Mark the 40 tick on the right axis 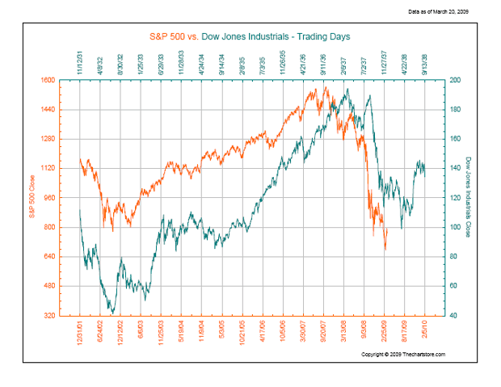[x=452, y=315]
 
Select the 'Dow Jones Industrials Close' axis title [x=469, y=199]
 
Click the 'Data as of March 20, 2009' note [x=438, y=11]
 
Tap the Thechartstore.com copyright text [x=403, y=354]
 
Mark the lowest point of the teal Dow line [x=112, y=313]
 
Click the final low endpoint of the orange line [x=385, y=249]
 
